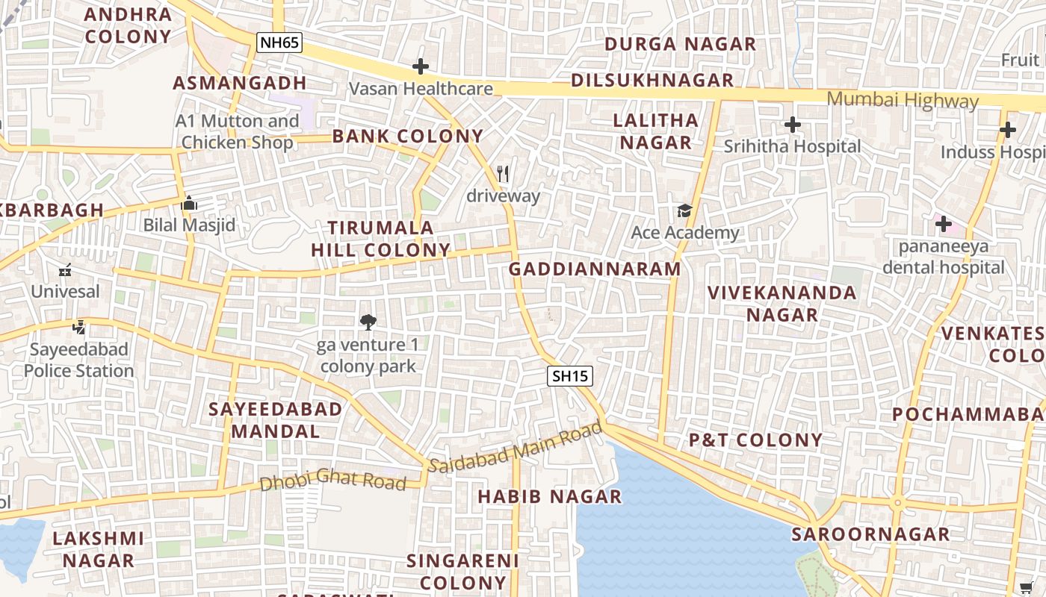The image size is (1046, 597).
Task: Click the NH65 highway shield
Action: click(279, 43)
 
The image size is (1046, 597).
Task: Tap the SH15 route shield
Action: click(570, 376)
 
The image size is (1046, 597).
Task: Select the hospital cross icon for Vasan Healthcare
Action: click(421, 67)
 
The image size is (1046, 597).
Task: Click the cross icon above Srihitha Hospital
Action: click(793, 125)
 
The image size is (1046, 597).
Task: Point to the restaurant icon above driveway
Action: click(503, 175)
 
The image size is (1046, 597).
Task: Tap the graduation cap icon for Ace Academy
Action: click(684, 211)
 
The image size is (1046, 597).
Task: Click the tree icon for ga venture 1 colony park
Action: click(368, 322)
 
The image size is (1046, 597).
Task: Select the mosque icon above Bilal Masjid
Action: click(189, 203)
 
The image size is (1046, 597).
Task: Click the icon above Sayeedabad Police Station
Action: click(79, 327)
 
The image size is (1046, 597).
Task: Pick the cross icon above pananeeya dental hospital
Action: click(944, 223)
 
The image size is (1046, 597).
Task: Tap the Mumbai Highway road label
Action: click(903, 100)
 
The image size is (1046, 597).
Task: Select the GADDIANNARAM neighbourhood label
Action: click(595, 269)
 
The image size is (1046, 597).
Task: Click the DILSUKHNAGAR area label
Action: click(652, 81)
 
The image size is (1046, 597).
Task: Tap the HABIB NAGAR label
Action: click(549, 496)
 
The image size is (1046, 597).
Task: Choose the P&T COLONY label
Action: click(755, 440)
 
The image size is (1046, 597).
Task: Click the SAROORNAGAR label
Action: click(870, 534)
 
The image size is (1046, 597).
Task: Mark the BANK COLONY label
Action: click(408, 136)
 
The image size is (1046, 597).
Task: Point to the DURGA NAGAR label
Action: click(681, 44)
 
